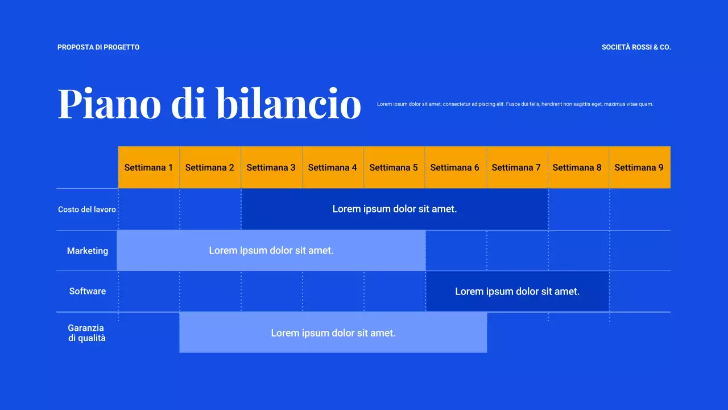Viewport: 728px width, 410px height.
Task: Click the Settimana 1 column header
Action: point(148,167)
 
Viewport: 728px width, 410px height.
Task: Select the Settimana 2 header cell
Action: point(210,167)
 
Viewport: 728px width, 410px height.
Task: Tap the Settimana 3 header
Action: point(271,167)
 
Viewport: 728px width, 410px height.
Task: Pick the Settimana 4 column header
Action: point(333,167)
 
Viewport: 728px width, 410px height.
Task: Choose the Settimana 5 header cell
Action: point(394,167)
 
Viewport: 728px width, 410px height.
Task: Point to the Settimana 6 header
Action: point(455,167)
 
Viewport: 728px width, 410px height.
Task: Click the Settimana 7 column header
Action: point(516,167)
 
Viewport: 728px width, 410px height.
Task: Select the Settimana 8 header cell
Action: point(577,167)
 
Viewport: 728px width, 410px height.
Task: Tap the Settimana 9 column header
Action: point(639,167)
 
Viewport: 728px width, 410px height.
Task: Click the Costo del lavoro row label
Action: point(87,210)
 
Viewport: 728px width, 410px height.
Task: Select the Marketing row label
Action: point(88,251)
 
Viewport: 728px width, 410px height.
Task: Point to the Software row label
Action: point(88,291)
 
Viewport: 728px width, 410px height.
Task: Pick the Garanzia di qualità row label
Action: point(86,333)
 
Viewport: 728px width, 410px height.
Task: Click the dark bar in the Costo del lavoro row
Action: point(395,209)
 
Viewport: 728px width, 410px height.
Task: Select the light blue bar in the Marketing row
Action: point(271,251)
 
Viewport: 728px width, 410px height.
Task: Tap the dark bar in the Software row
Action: point(518,292)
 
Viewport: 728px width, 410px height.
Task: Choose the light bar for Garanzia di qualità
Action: point(333,333)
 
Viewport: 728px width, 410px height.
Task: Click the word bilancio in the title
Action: point(289,104)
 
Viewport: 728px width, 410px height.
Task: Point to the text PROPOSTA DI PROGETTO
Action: point(98,47)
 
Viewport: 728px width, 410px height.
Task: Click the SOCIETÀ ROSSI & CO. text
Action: point(636,47)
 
